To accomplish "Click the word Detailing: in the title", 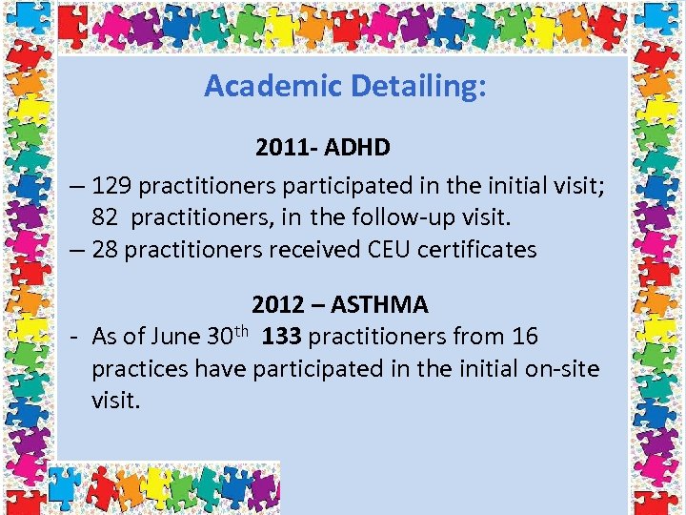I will click(x=419, y=87).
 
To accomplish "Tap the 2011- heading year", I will click(x=286, y=148).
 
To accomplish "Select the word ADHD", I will click(x=356, y=148).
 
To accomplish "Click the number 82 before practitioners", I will click(x=106, y=216).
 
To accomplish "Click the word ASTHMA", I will click(x=379, y=305).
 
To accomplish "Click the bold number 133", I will click(x=282, y=337).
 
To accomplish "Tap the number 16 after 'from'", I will click(x=524, y=337).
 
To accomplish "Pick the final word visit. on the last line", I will click(x=116, y=401).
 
